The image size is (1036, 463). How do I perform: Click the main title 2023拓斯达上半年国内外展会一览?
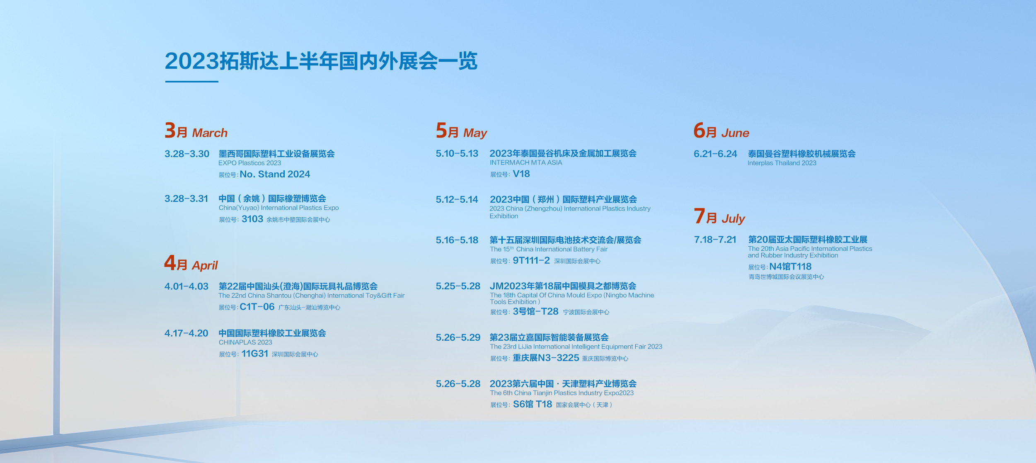(321, 61)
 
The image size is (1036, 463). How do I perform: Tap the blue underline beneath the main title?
(191, 82)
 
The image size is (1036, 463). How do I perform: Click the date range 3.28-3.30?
(187, 154)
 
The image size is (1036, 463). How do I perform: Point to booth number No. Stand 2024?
(275, 174)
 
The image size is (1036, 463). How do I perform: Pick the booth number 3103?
(252, 219)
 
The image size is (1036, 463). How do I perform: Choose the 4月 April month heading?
(191, 263)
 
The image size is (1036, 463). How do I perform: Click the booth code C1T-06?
(257, 307)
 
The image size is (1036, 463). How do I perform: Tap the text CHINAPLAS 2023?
(245, 342)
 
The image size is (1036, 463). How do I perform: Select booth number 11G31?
(255, 354)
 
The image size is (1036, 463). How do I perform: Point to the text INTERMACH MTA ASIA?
(526, 163)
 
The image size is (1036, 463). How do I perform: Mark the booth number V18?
(521, 174)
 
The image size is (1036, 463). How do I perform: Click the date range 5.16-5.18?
(457, 240)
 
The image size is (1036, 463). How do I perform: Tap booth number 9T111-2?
(531, 260)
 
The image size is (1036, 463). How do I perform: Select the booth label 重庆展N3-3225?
(546, 358)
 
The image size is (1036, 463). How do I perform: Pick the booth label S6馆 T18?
(533, 404)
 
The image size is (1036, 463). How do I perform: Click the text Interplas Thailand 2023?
(782, 163)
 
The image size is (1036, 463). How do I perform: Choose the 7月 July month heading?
(719, 216)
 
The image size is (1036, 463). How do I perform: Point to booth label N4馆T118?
(790, 267)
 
